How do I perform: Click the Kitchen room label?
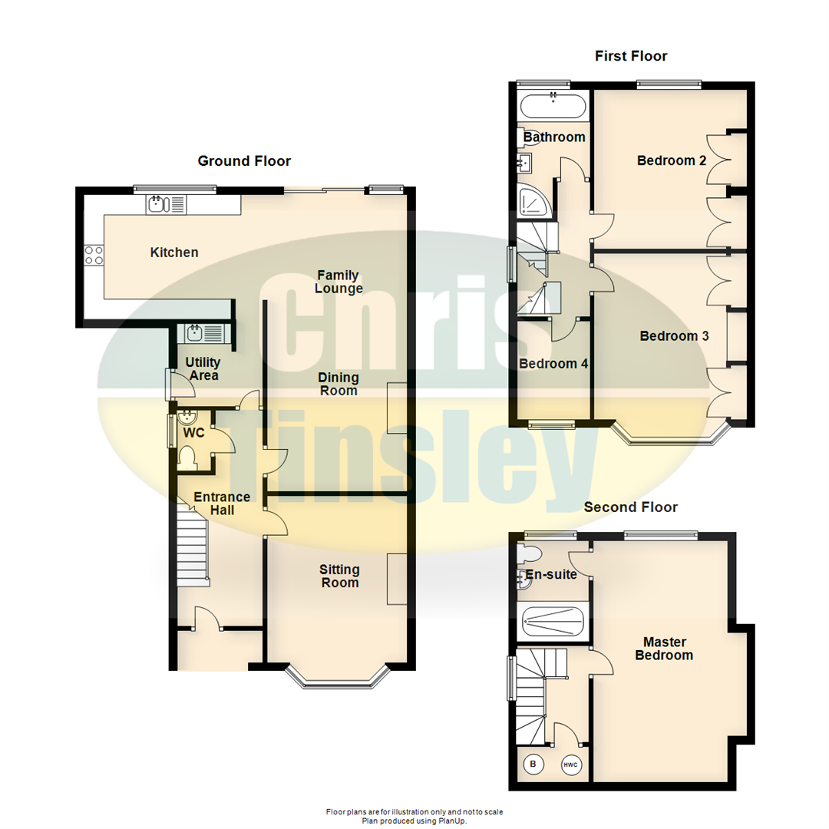174,253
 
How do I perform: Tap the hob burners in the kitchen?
94,256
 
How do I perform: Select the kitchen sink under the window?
166,204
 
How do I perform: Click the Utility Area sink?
205,333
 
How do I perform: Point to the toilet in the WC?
187,457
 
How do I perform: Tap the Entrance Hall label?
222,504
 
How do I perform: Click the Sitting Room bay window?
339,678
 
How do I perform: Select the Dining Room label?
339,384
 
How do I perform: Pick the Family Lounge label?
339,281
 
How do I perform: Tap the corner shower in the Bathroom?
534,200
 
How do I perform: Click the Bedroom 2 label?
672,160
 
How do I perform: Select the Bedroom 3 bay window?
672,434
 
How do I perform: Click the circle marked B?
533,764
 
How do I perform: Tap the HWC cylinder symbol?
570,765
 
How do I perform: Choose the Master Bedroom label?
665,649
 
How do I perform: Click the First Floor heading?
631,56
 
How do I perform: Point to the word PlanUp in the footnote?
452,821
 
